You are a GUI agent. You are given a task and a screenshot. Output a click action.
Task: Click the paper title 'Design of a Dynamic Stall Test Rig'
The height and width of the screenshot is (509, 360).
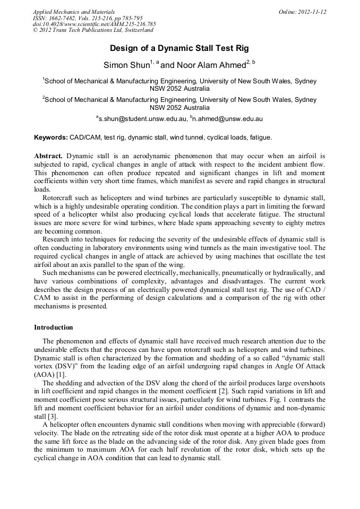(x=179, y=48)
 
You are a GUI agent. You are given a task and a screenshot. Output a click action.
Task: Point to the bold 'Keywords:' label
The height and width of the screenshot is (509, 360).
(x=51, y=137)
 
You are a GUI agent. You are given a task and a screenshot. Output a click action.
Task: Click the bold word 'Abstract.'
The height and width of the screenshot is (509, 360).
(x=48, y=156)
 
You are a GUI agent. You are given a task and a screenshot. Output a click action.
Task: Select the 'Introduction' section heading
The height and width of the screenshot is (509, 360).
(x=54, y=327)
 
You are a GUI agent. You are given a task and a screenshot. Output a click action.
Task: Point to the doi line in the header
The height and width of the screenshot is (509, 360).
(x=94, y=24)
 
